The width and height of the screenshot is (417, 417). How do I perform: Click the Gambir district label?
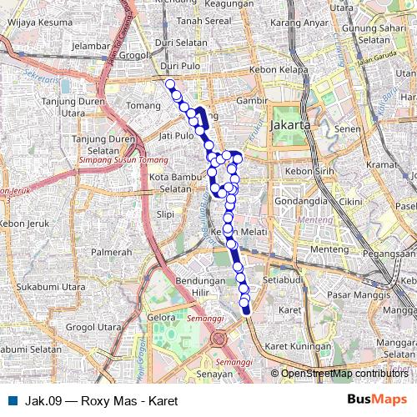[250, 100]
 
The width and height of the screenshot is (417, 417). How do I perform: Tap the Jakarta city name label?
[290, 124]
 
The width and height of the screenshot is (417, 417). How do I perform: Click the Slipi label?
[165, 214]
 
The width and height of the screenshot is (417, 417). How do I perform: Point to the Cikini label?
[350, 202]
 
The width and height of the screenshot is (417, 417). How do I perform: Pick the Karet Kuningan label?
[292, 345]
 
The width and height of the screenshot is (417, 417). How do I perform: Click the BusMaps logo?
[371, 400]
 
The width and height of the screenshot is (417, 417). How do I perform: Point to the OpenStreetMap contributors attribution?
[344, 374]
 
